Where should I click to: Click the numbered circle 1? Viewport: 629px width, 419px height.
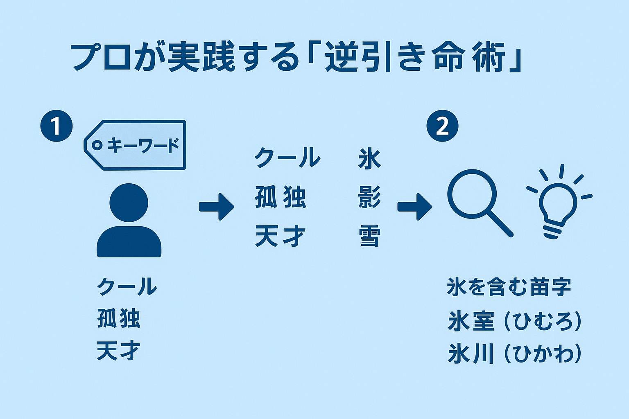[x=56, y=126]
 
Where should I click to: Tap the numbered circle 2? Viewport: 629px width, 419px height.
[x=442, y=126]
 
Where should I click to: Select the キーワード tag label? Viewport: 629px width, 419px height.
[x=136, y=145]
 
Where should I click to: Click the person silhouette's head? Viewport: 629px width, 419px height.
[x=129, y=203]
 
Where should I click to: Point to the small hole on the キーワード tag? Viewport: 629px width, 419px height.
[x=97, y=145]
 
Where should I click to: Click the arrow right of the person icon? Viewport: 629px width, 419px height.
[x=216, y=206]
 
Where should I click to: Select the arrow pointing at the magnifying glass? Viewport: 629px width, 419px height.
[x=414, y=206]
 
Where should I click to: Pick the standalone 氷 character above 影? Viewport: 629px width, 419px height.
[x=369, y=159]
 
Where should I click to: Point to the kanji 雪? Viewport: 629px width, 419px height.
[x=369, y=237]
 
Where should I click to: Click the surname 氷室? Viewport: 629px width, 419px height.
[x=471, y=321]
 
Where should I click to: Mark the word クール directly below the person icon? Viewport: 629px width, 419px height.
[x=127, y=286]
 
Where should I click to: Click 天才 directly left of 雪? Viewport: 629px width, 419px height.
[x=280, y=237]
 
